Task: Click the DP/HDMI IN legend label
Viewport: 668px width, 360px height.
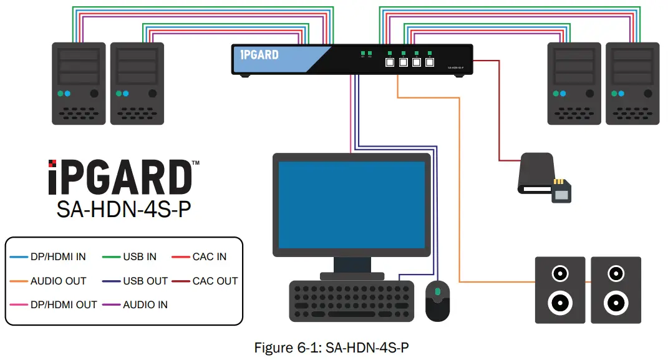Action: click(58, 256)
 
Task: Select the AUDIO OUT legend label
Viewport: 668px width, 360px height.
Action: click(58, 281)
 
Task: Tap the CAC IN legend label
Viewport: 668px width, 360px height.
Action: click(209, 256)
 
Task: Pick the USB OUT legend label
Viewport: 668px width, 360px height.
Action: click(145, 281)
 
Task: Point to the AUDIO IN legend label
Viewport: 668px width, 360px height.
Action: click(145, 304)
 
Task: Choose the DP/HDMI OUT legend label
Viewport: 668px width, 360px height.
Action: click(64, 304)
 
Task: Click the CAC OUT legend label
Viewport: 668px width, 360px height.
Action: click(215, 281)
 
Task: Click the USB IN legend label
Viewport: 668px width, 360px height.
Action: click(140, 256)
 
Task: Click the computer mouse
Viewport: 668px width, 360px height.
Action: click(437, 300)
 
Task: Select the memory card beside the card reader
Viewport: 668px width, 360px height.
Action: click(561, 191)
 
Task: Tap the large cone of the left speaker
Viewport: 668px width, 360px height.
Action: click(560, 303)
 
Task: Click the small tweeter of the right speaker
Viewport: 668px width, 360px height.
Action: click(616, 274)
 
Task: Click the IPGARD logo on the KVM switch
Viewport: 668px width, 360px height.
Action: click(259, 54)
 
